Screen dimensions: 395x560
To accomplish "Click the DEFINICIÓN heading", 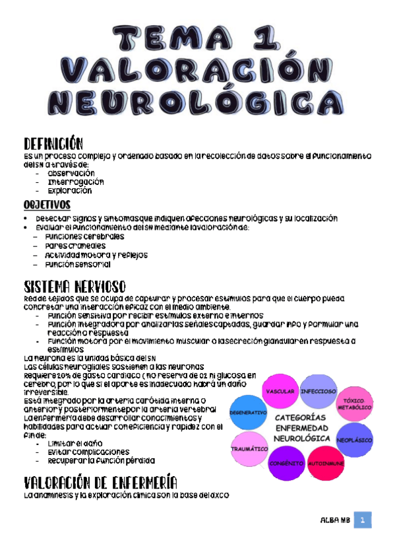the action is [x=53, y=143].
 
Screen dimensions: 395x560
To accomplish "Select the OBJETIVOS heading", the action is [x=48, y=205].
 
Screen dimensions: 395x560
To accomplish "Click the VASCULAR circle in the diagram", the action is [x=280, y=392].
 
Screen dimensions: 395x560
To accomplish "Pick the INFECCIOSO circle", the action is [x=319, y=392].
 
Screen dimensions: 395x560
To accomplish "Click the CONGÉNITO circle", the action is [x=286, y=462].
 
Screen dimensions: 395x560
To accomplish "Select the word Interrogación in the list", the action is [x=75, y=182].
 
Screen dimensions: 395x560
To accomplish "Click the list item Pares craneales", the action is [x=74, y=246].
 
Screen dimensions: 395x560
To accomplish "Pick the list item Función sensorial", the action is [x=77, y=263].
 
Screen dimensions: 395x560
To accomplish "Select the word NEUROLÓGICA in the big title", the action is [x=197, y=103].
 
